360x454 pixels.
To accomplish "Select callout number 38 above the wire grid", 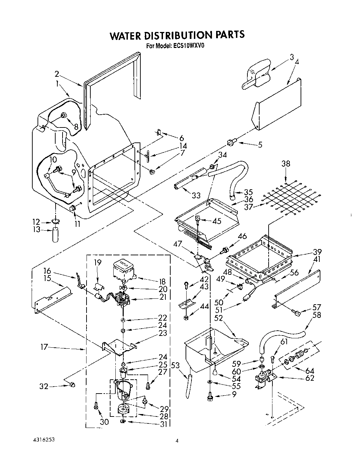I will pyautogui.click(x=286, y=164).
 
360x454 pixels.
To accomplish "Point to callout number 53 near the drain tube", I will pyautogui.click(x=176, y=365).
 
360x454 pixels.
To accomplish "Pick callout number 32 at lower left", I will pyautogui.click(x=44, y=386).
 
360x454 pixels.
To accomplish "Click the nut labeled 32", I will pyautogui.click(x=72, y=385).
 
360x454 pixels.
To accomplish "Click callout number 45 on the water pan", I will pyautogui.click(x=216, y=221).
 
